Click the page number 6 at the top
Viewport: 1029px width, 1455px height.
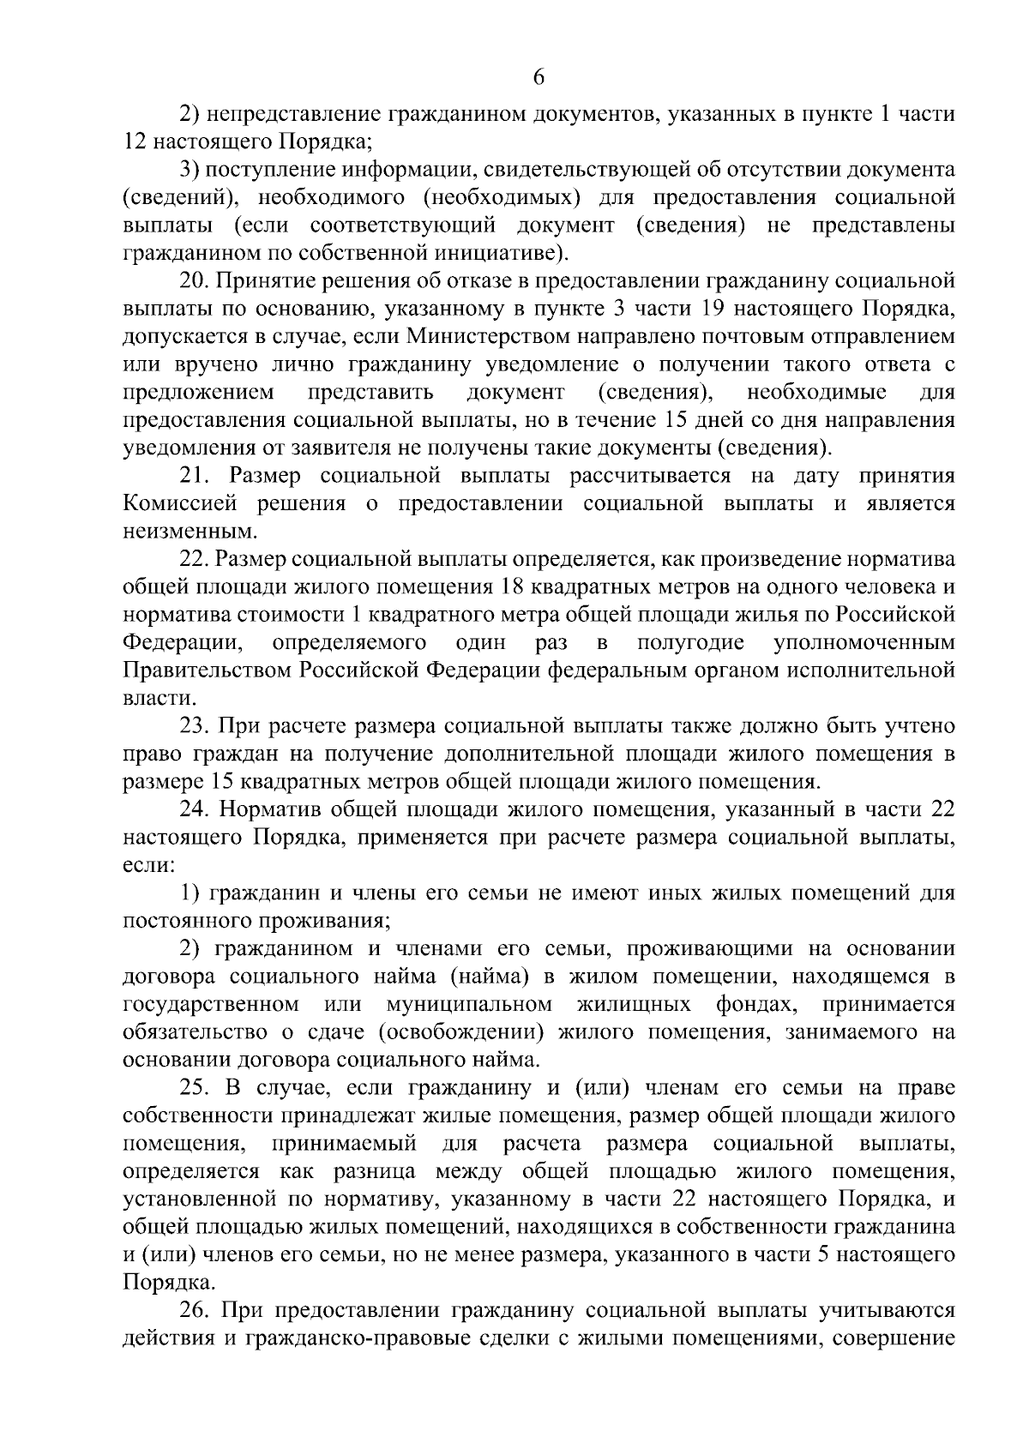[x=539, y=77]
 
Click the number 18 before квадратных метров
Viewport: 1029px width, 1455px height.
[x=507, y=587]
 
